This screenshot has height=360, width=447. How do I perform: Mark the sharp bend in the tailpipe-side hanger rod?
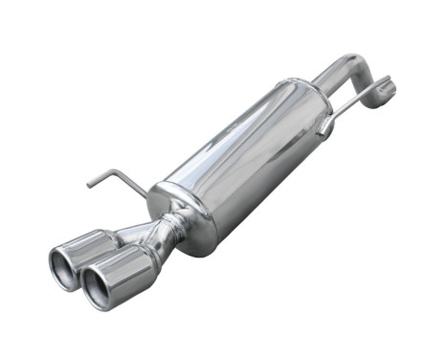tap(119, 173)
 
